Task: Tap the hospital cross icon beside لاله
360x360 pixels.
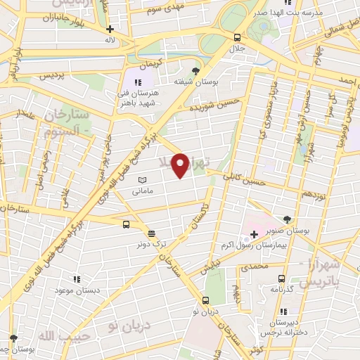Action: pos(110,30)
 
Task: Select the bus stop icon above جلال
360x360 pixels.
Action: pos(237,38)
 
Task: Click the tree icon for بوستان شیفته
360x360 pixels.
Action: pos(195,70)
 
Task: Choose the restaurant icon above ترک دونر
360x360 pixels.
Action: pos(151,233)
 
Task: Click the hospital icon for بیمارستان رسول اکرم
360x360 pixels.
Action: pos(254,233)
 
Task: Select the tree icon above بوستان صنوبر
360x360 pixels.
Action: pos(287,219)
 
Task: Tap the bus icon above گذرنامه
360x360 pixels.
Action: pos(281,278)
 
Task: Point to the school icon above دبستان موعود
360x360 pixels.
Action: pos(76,279)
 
